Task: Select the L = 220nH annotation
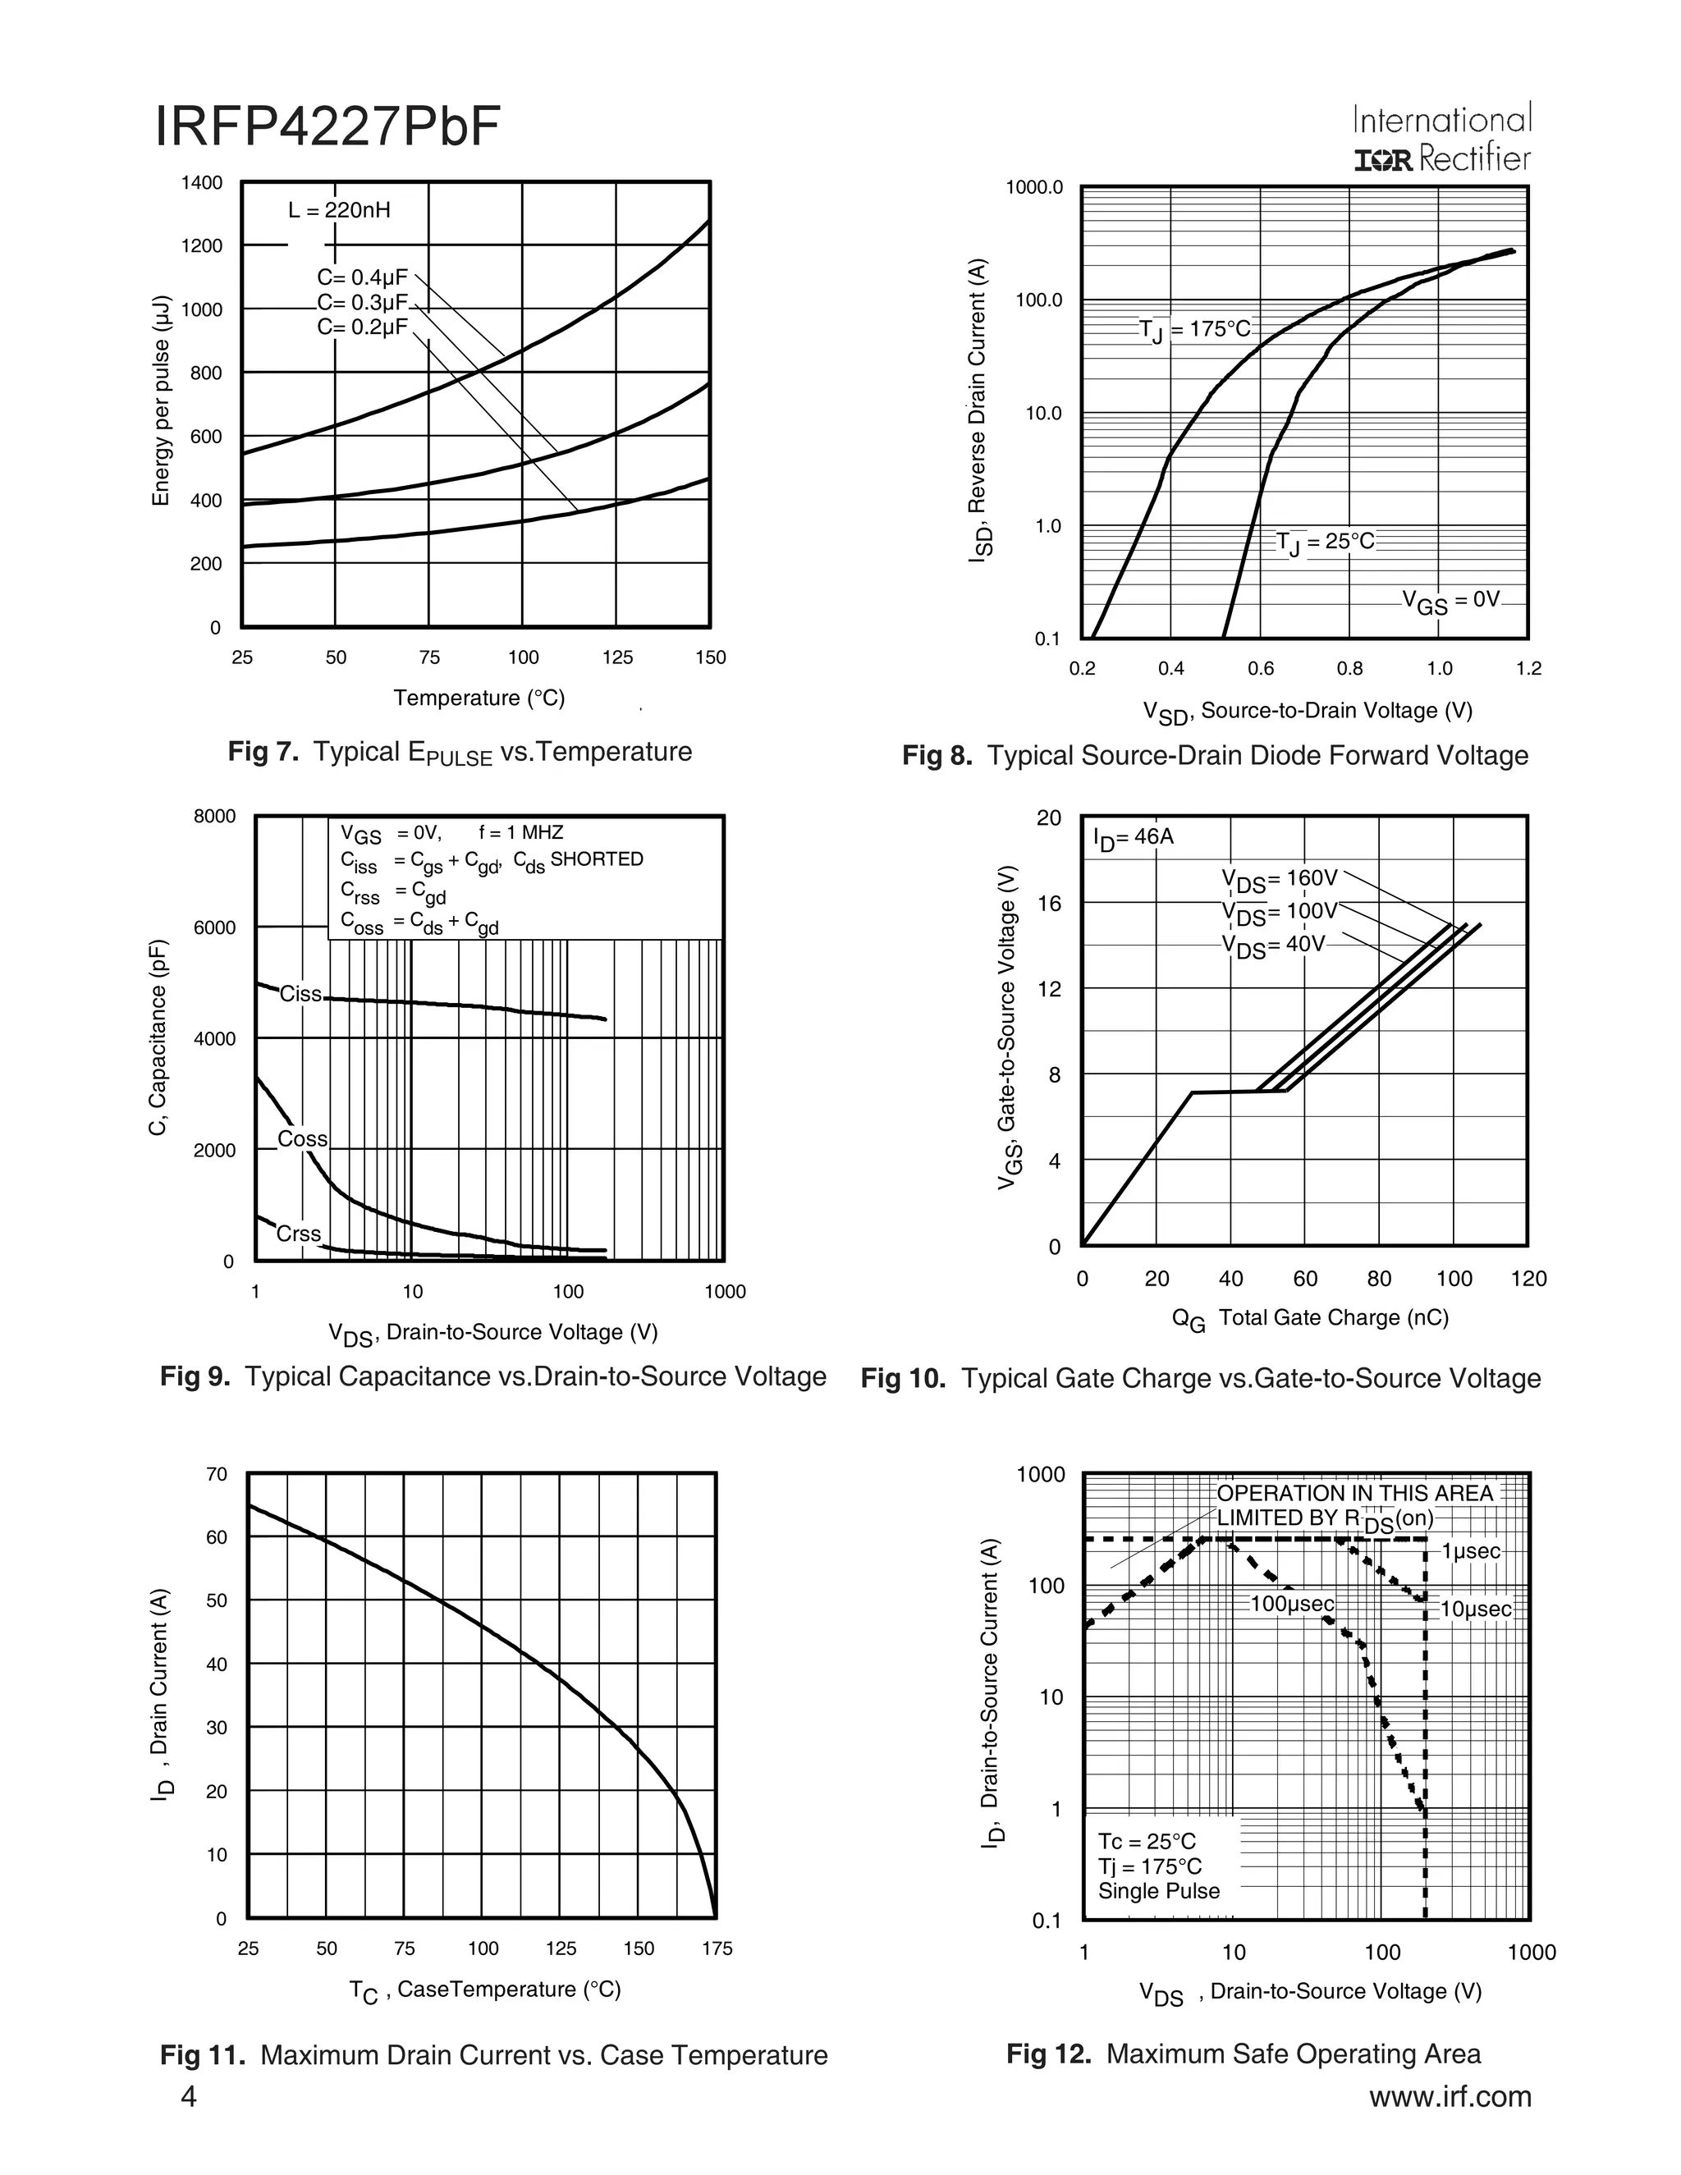point(339,210)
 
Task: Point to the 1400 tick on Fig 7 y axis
point(201,183)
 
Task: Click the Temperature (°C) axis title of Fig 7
point(479,698)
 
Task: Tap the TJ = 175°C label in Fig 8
point(1195,330)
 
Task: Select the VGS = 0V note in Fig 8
point(1450,601)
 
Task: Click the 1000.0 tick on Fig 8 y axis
point(1035,188)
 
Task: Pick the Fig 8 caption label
point(1214,756)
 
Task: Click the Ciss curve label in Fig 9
point(300,994)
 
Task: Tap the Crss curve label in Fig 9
point(298,1234)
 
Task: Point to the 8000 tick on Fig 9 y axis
point(215,817)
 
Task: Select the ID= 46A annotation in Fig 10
point(1134,837)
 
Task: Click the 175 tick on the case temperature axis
point(717,1949)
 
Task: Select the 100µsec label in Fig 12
point(1292,1605)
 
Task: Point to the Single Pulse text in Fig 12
point(1158,1891)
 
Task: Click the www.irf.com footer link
point(1450,2097)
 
